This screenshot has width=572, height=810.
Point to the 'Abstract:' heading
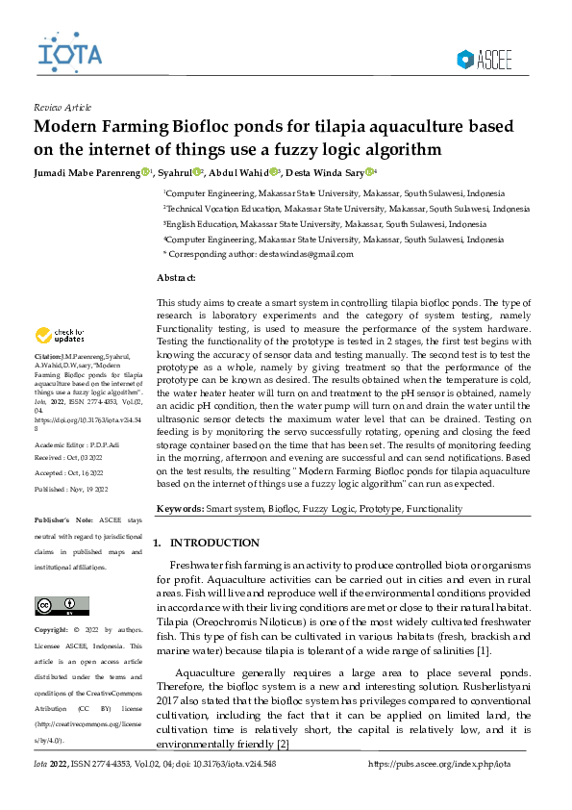(176, 278)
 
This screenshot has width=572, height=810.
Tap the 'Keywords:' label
(179, 508)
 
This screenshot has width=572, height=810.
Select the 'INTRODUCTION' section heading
(214, 544)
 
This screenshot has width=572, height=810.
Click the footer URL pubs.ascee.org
(440, 763)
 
